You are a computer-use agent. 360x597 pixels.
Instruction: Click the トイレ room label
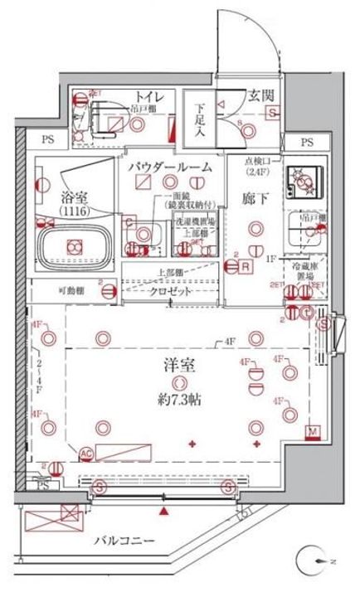149,97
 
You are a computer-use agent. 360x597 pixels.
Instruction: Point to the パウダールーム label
170,167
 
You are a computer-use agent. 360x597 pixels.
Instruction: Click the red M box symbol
313,432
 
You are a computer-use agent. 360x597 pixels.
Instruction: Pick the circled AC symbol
85,453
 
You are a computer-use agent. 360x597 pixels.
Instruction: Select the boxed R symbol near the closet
246,267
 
